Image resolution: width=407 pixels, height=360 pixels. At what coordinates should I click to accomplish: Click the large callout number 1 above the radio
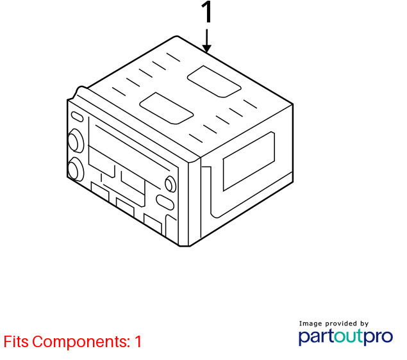[206, 12]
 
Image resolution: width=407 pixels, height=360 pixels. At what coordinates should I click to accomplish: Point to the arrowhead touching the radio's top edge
[206, 48]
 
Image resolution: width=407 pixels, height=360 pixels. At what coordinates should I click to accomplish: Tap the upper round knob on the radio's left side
[76, 140]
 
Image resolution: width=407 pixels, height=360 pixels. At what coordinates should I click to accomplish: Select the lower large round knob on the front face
[76, 169]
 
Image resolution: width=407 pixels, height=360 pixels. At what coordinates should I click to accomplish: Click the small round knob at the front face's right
[170, 184]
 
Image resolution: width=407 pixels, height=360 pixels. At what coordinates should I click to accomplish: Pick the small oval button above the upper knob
[77, 117]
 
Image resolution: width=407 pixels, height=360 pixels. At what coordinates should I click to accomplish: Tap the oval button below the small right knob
[165, 202]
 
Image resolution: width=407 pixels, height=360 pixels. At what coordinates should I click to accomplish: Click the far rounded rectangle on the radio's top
[214, 81]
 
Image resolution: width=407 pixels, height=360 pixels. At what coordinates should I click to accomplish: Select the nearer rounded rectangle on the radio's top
[167, 108]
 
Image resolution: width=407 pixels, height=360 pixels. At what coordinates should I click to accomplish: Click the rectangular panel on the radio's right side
[249, 161]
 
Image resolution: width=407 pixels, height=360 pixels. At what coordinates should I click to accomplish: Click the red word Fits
[16, 341]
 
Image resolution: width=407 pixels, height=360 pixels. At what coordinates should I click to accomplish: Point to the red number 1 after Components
[138, 341]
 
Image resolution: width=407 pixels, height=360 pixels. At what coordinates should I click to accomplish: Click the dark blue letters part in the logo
[316, 337]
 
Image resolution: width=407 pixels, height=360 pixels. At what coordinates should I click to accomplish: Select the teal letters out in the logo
[347, 336]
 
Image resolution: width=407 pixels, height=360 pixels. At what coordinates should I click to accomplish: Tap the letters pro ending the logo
[377, 337]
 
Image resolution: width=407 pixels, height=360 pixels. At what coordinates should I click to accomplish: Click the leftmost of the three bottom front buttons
[100, 191]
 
